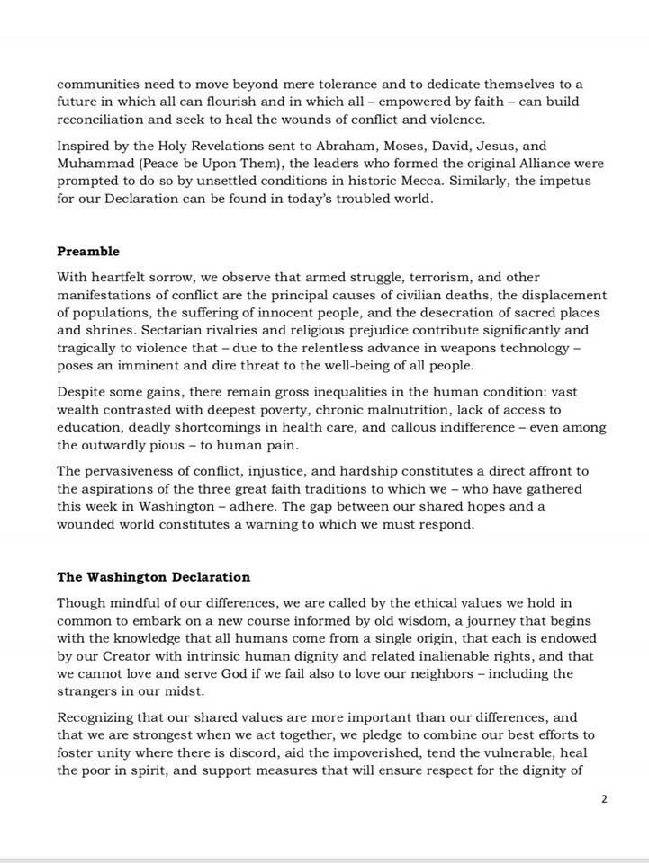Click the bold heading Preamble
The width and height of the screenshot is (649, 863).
click(88, 252)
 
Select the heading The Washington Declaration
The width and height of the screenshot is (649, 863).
click(154, 577)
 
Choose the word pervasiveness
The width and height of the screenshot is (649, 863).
click(130, 472)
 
